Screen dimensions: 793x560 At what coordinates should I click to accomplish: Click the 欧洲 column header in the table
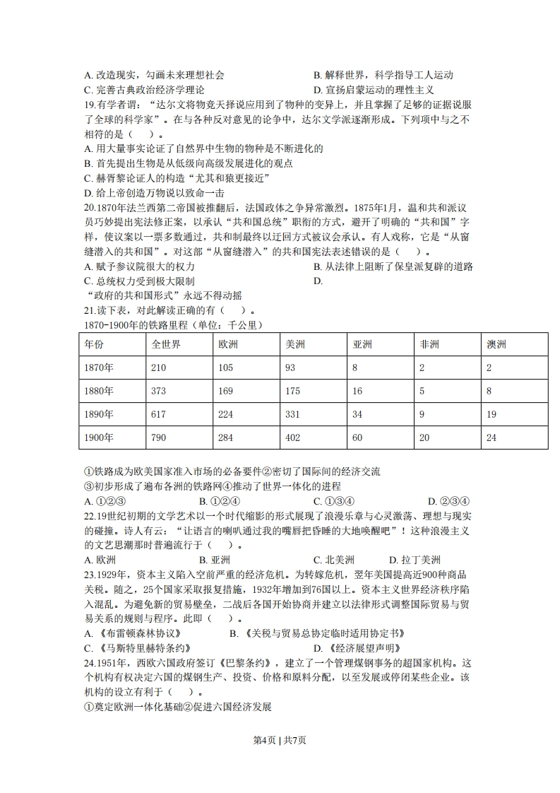point(227,344)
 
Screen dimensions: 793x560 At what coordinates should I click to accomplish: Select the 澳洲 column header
point(496,344)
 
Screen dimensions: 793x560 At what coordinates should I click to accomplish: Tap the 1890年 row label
point(98,414)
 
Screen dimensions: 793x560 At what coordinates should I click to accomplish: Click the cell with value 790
point(159,437)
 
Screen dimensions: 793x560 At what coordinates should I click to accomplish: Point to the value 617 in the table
point(159,414)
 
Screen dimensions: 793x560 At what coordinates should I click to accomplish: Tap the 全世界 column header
point(166,344)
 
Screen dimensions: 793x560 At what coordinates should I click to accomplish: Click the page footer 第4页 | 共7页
point(280,740)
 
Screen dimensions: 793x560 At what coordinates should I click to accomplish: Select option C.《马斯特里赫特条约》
point(137,647)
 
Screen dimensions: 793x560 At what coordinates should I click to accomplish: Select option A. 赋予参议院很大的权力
point(139,266)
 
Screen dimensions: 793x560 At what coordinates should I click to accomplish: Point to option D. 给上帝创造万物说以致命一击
point(153,192)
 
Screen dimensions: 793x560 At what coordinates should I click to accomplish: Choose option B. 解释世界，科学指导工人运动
point(382,75)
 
